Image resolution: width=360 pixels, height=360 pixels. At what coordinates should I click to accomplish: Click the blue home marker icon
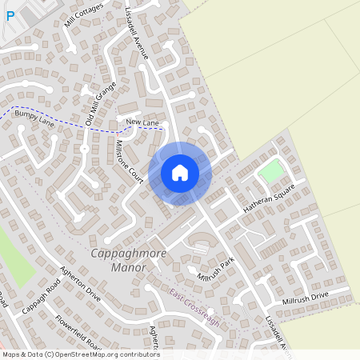tap(180, 173)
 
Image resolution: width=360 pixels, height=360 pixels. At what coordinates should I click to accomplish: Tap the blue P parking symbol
tap(10, 15)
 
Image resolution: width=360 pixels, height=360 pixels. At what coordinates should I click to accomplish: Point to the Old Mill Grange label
tap(101, 102)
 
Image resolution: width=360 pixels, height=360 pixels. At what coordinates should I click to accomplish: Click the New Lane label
tap(143, 122)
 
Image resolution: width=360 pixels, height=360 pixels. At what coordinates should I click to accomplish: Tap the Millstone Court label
tap(129, 162)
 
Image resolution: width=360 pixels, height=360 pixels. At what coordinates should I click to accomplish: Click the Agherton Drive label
tap(82, 285)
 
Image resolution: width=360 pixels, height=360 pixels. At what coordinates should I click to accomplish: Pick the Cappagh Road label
tap(42, 298)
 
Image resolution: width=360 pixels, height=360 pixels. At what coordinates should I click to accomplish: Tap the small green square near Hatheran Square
tap(272, 171)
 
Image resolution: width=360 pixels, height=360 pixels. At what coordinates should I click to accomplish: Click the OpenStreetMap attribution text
tap(80, 354)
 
